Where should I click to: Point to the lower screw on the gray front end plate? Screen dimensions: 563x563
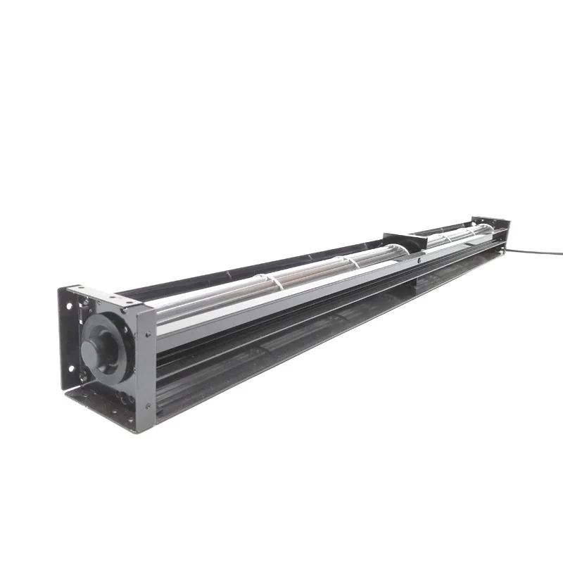point(148,405)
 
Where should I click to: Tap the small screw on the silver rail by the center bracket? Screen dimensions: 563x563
point(419,259)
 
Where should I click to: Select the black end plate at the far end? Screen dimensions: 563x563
point(495,227)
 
